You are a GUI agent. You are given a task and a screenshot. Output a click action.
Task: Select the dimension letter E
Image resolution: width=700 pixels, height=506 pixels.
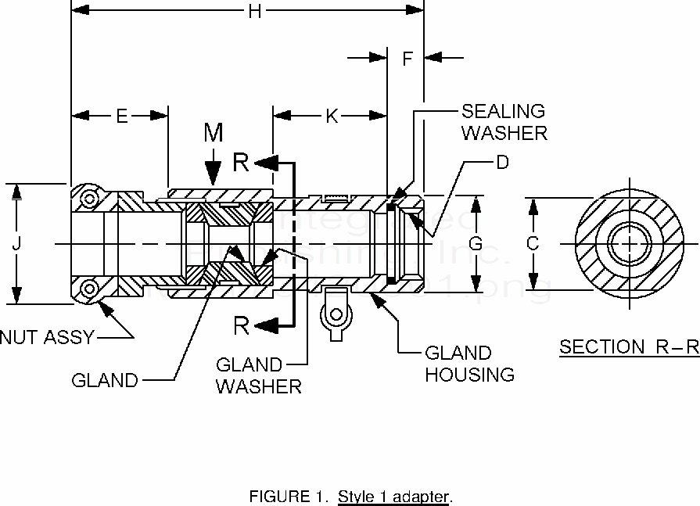tap(121, 116)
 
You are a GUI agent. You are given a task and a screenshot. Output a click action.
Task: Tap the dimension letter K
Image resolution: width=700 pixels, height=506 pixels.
tap(332, 116)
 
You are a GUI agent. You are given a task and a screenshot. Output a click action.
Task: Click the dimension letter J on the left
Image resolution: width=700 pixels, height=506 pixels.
tap(16, 243)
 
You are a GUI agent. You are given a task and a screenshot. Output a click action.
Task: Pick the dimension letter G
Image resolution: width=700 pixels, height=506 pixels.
tap(475, 243)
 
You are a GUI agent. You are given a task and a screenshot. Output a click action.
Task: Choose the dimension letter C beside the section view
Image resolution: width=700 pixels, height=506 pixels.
tap(533, 243)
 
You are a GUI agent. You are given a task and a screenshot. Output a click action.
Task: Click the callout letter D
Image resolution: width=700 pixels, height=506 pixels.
tap(503, 163)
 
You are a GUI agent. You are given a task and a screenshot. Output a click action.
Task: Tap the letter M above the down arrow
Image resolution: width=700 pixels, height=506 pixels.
tap(214, 133)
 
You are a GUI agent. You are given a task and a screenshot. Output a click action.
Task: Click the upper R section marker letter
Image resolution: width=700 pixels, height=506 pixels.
tap(242, 163)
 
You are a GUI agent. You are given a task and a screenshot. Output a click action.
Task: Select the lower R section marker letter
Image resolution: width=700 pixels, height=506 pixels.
tap(242, 325)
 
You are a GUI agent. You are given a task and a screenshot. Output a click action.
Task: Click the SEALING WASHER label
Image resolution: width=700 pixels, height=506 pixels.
tap(504, 122)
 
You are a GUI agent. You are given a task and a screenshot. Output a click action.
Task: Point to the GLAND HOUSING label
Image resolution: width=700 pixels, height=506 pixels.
tap(469, 364)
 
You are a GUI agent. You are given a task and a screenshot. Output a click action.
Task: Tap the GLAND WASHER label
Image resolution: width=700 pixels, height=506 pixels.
tap(258, 375)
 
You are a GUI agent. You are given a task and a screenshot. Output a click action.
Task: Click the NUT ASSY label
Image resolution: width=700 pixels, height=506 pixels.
tap(47, 338)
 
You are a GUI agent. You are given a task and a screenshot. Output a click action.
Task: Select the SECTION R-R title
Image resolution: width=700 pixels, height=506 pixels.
tap(629, 347)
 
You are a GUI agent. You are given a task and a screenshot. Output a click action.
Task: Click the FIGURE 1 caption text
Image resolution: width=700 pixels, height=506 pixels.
tap(350, 496)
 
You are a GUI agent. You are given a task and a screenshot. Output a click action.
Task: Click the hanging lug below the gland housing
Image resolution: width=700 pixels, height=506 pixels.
tap(336, 316)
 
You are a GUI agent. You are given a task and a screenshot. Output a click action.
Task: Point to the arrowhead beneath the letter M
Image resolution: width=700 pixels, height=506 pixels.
tap(214, 175)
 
